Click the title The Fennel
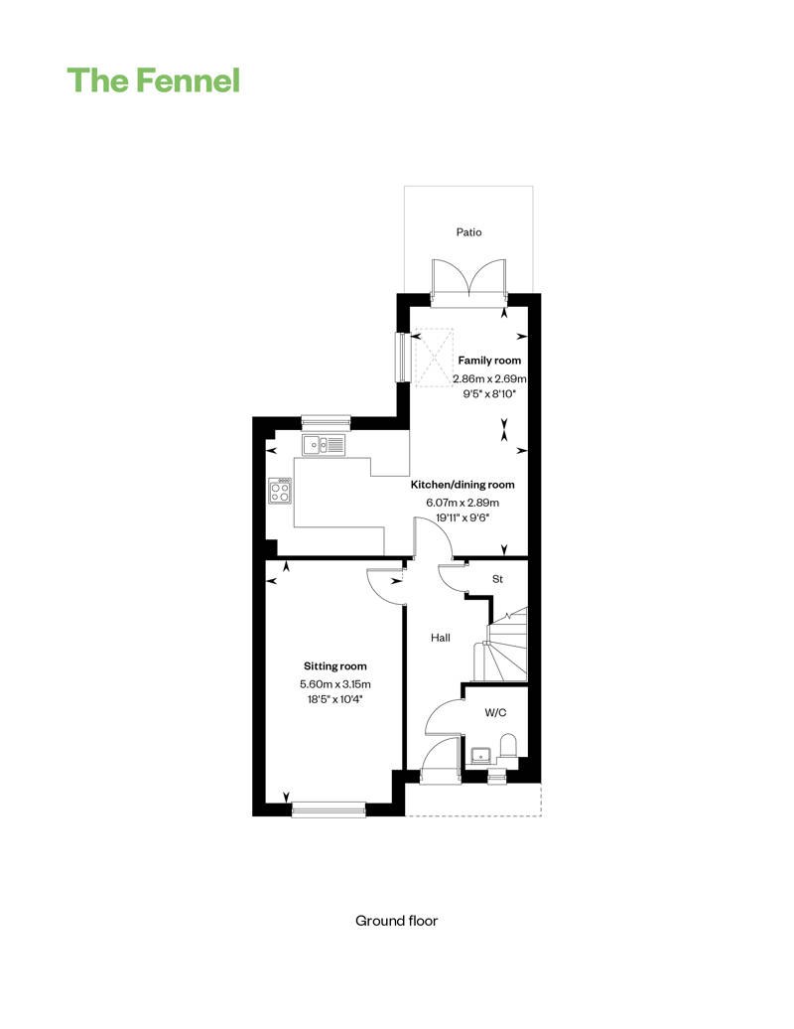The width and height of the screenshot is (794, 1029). (x=153, y=80)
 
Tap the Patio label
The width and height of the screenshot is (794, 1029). (x=468, y=232)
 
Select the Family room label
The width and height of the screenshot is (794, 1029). (x=488, y=361)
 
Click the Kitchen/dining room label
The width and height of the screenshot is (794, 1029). (x=463, y=485)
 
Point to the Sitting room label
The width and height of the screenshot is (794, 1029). (x=334, y=666)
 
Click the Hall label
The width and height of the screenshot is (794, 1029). (x=441, y=638)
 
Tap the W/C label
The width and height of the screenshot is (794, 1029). (x=495, y=712)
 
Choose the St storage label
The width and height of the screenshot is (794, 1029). (x=498, y=579)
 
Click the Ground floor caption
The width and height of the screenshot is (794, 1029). (x=396, y=921)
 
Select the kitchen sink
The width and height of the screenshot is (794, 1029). (x=324, y=445)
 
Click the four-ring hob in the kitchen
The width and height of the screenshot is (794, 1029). (x=281, y=491)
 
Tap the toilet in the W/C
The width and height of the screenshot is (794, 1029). (x=508, y=746)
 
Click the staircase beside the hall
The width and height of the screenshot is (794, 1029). (x=507, y=646)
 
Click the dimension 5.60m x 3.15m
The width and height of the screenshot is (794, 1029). (x=334, y=684)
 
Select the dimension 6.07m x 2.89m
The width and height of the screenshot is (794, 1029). (x=463, y=503)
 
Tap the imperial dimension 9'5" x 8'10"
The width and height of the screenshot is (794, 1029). (x=488, y=394)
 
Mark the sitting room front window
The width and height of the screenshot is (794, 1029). (x=329, y=808)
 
